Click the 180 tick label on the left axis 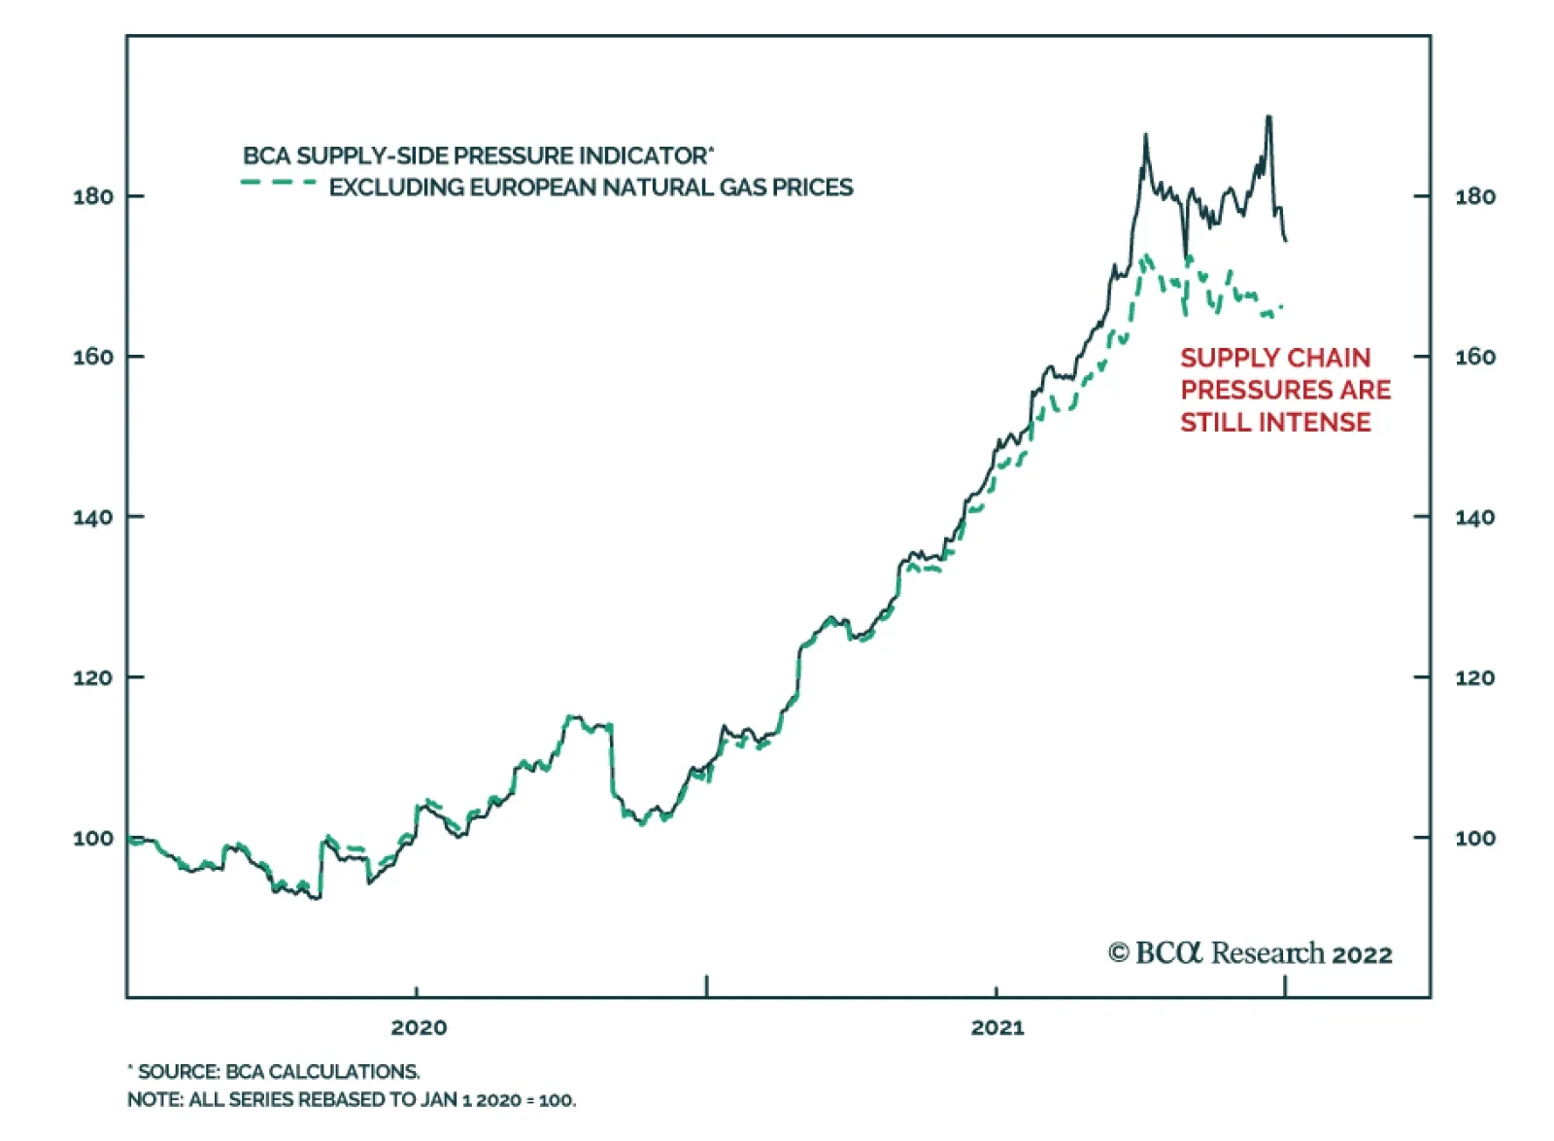click(92, 196)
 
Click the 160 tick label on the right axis click(1474, 357)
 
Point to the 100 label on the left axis click(92, 838)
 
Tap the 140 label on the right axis click(1474, 517)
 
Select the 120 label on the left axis click(92, 677)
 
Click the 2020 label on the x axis click(419, 1027)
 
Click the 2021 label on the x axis click(997, 1027)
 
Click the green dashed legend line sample click(279, 183)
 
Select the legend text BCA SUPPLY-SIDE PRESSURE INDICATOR click(476, 156)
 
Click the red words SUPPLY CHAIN click(1275, 358)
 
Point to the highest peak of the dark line click(1268, 118)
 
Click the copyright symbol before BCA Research click(1119, 953)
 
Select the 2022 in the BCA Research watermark click(1362, 955)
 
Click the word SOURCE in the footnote click(179, 1072)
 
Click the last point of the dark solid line click(1286, 240)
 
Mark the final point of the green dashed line click(1282, 307)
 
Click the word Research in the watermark click(1267, 953)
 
